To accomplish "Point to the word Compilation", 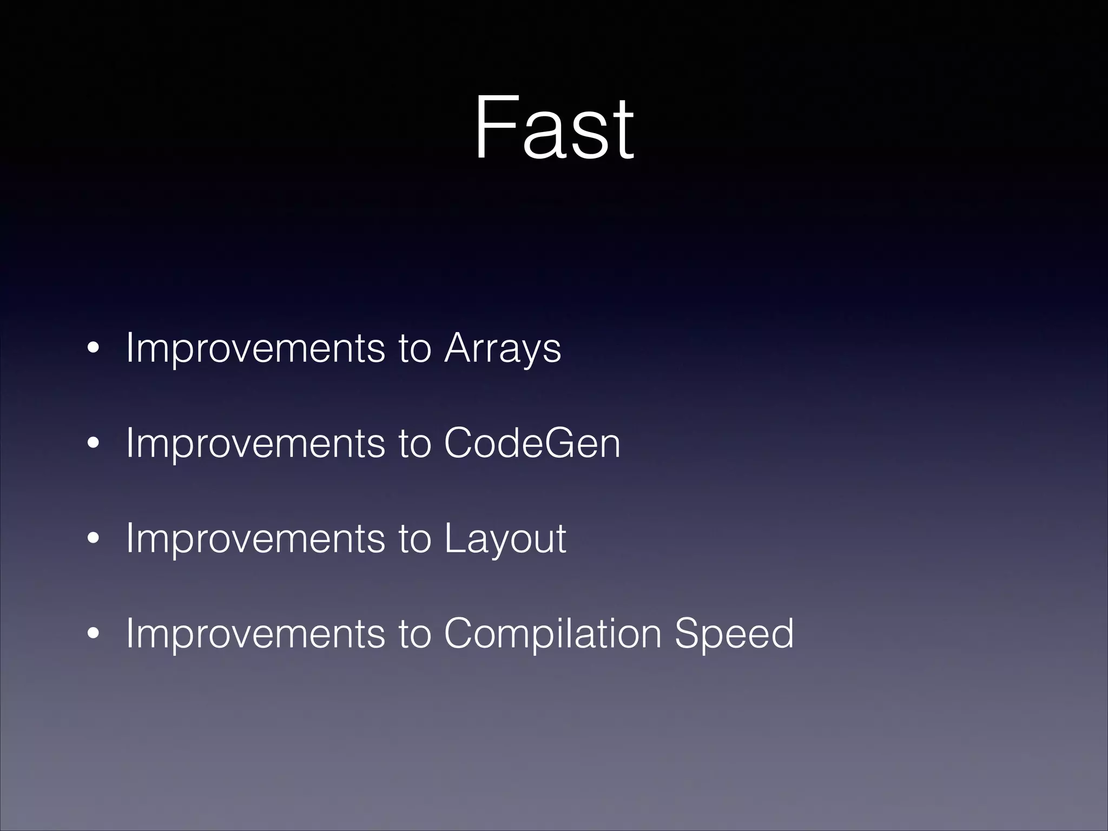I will [552, 634].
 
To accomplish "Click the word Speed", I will [734, 634].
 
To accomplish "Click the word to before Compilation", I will [414, 634].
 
